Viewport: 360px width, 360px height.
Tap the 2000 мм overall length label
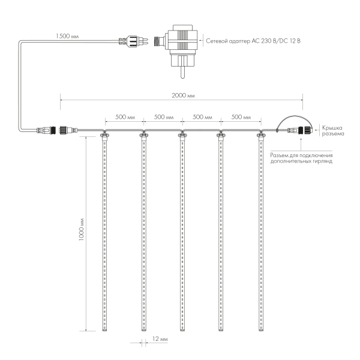click(x=182, y=96)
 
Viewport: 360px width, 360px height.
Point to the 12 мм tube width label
click(x=160, y=339)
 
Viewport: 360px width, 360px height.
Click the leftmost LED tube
click(x=104, y=234)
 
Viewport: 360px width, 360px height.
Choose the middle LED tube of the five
click(x=182, y=234)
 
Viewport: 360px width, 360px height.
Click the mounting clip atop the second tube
click(x=143, y=136)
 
